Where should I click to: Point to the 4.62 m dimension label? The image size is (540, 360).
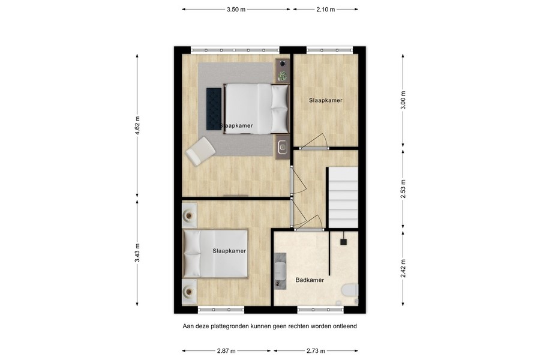137,127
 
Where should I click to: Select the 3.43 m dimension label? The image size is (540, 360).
137,253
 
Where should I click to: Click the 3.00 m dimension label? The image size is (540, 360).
403,100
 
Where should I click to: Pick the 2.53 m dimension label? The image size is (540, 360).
403,188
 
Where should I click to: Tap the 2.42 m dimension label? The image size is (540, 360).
403,268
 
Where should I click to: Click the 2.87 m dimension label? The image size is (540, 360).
227,351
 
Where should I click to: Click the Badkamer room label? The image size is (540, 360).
310,280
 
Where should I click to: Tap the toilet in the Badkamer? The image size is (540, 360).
349,292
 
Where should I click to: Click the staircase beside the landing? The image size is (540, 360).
342,198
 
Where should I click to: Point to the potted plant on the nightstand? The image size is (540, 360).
283,76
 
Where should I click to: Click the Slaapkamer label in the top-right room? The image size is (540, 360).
326,100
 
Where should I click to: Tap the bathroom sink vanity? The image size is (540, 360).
280,270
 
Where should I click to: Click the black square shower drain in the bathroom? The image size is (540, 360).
344,242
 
